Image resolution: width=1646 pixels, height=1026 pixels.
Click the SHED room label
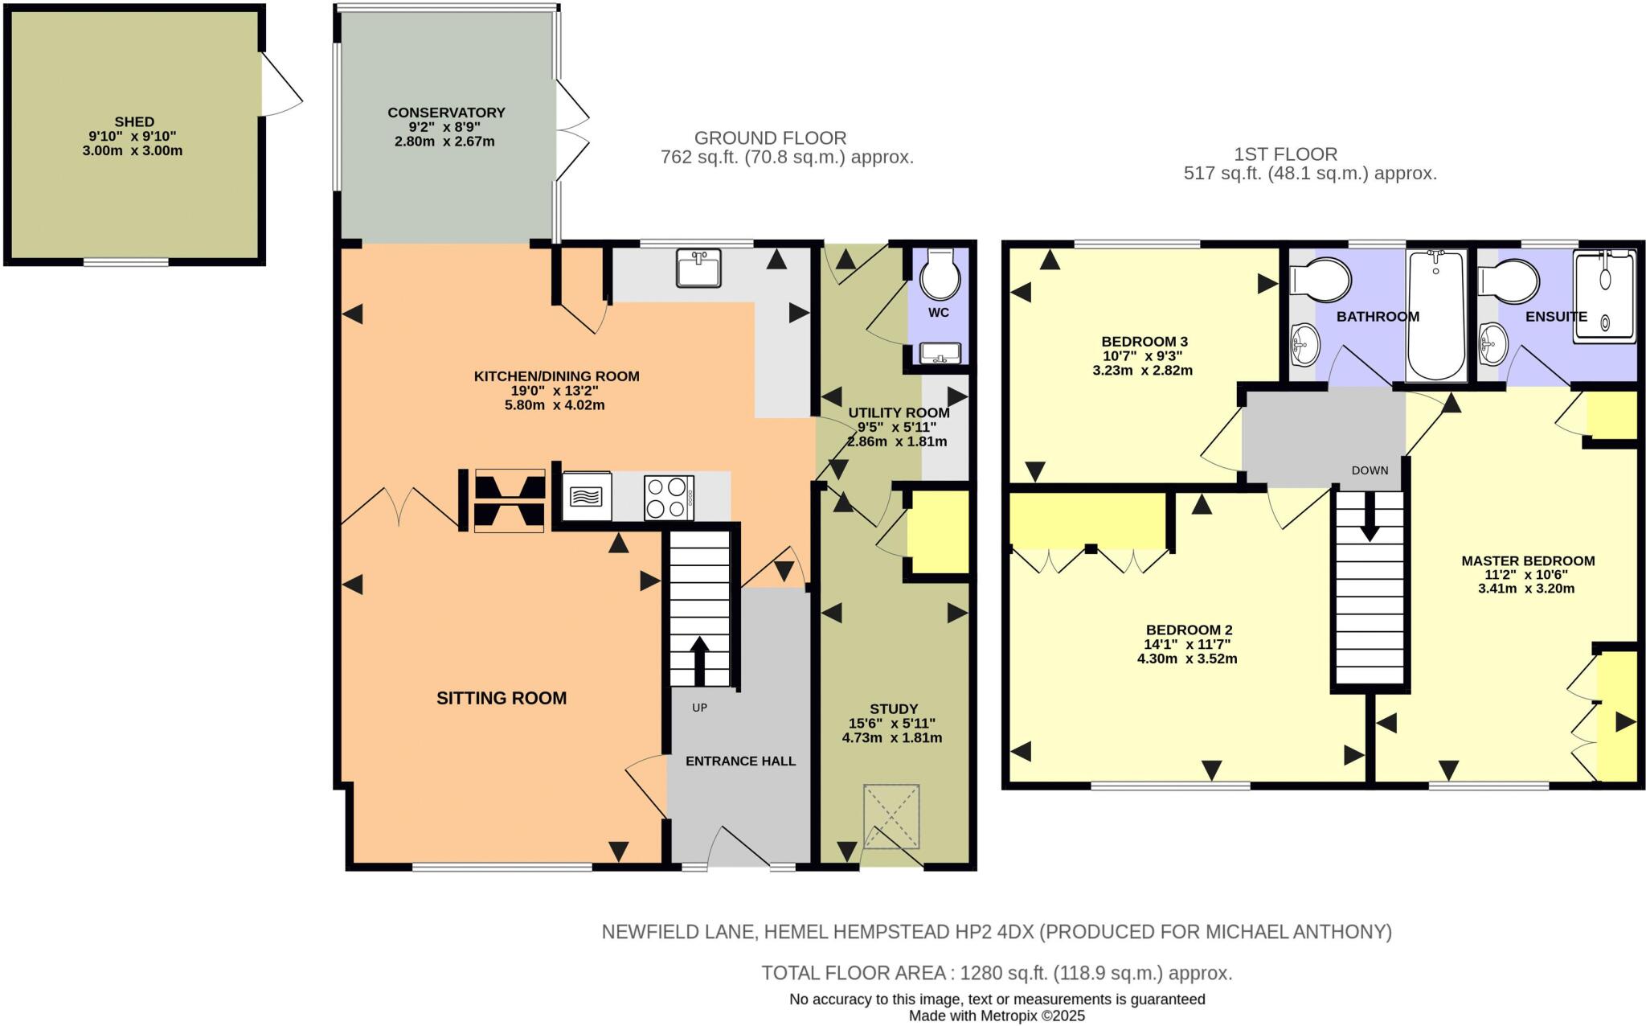[133, 122]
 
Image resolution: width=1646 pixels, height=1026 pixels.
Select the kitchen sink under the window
[698, 269]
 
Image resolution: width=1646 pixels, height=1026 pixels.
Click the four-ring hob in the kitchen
[669, 498]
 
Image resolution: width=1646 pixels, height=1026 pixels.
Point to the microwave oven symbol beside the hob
[586, 497]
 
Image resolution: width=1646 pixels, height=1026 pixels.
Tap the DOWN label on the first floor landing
[1370, 470]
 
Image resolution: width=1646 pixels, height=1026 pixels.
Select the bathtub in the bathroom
[1436, 315]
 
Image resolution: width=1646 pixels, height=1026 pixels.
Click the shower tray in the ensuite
[1604, 298]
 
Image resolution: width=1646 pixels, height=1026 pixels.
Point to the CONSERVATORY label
[446, 113]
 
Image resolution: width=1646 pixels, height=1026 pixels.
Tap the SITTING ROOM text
[502, 698]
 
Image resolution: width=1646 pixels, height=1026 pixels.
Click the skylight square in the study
[891, 816]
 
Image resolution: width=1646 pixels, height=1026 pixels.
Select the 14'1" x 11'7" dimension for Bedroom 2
[1188, 644]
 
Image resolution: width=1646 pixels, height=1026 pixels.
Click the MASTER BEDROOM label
[1528, 560]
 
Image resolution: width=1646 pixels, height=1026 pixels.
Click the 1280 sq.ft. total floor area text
[997, 973]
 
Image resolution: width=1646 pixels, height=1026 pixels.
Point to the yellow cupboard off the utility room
[939, 531]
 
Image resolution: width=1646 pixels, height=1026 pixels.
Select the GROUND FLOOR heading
[770, 138]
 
